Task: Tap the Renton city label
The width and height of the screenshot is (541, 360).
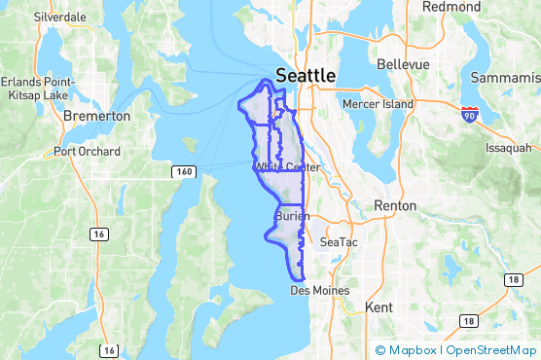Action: [395, 206]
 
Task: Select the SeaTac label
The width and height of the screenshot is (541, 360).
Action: [339, 241]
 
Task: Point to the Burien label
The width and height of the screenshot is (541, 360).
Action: [292, 216]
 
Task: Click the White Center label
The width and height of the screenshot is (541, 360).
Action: [287, 167]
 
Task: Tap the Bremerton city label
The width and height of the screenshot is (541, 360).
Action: [96, 116]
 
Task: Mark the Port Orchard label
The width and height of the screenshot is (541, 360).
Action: [88, 152]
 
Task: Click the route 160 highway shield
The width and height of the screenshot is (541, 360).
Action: [185, 171]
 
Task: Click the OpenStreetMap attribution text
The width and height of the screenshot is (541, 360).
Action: [492, 350]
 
